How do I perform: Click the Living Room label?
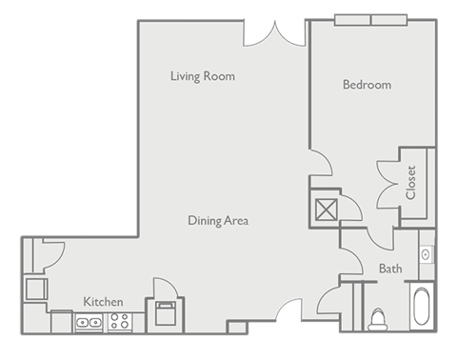pos(202,76)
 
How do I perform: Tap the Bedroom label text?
pos(367,85)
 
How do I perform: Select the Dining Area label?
pos(218,221)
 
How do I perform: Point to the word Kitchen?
pos(103,302)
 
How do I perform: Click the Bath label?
pos(390,270)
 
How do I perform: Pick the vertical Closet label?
pos(411,183)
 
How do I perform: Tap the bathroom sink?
pos(426,254)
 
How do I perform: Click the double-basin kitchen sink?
pos(89,323)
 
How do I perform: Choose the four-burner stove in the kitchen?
pos(120,323)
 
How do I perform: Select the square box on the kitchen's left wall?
pos(35,288)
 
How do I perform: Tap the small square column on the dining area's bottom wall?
pos(236,328)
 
